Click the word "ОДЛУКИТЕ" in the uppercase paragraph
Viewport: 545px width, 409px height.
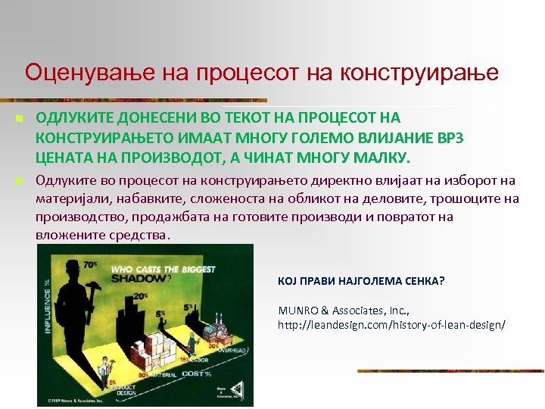click(x=71, y=118)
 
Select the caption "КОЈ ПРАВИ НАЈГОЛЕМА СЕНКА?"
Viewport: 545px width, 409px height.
click(x=362, y=281)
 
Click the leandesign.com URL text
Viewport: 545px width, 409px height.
click(x=392, y=324)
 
